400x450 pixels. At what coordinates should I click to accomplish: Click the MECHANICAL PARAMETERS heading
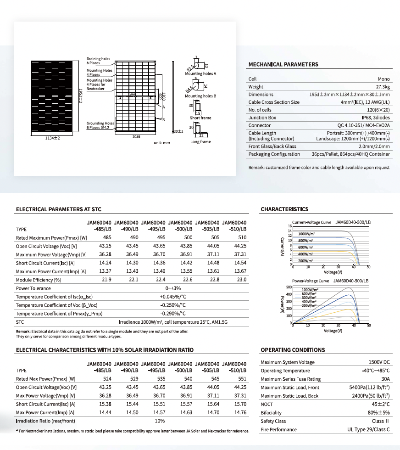pyautogui.click(x=283, y=64)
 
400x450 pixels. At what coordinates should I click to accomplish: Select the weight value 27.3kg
pyautogui.click(x=383, y=87)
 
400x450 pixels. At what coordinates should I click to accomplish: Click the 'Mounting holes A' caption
pyautogui.click(x=200, y=73)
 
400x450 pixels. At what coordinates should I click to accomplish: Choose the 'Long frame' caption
pyautogui.click(x=200, y=142)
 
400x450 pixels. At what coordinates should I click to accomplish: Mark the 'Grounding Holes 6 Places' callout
pyautogui.click(x=100, y=125)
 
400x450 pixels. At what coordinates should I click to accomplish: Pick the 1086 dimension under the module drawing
pyautogui.click(x=136, y=137)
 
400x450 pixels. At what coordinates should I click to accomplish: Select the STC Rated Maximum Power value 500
pyautogui.click(x=188, y=238)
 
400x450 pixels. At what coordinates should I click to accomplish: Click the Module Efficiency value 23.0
pyautogui.click(x=242, y=279)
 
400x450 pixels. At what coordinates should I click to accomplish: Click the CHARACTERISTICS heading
pyautogui.click(x=284, y=209)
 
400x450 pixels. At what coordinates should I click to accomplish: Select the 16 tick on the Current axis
pyautogui.click(x=289, y=226)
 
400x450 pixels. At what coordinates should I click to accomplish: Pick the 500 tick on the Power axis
pyautogui.click(x=289, y=287)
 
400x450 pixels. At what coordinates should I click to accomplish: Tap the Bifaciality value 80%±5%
pyautogui.click(x=379, y=413)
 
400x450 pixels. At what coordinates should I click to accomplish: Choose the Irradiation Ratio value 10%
pyautogui.click(x=160, y=421)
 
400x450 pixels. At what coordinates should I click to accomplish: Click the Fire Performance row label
pyautogui.click(x=278, y=430)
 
